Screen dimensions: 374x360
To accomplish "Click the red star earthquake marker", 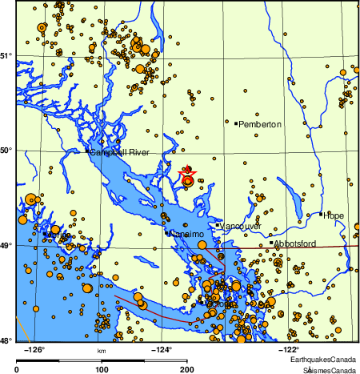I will coord(187,176).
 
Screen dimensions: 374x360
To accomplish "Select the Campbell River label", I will coord(120,152).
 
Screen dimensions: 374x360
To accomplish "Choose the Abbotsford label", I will coord(297,243).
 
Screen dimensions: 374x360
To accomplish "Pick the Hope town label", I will coord(333,215).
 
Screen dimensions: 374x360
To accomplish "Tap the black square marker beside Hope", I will coord(321,214).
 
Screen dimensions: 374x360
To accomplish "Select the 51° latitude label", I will coord(6,55).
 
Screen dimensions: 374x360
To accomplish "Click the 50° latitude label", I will coord(6,150).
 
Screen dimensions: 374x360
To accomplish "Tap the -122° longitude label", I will coord(289,349).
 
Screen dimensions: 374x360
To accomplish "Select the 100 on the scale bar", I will coord(102,369).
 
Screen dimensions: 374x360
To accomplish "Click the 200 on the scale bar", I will coord(187,369).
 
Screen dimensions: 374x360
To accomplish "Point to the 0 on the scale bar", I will coord(18,369).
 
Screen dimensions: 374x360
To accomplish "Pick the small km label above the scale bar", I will coord(102,351).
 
